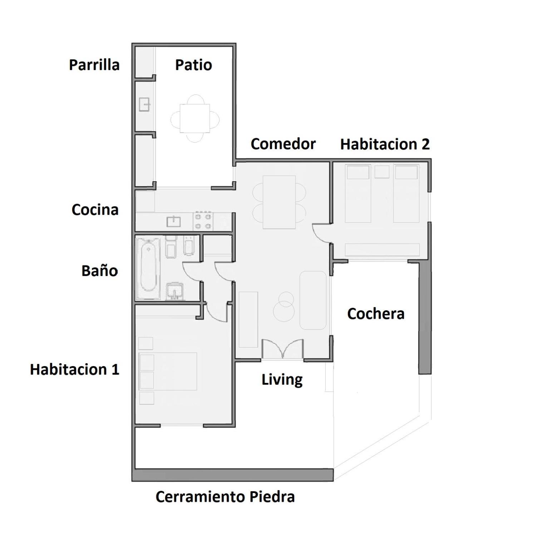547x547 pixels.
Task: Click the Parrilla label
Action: point(94,65)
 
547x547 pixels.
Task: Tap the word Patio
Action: point(193,65)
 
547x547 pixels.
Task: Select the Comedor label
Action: point(283,144)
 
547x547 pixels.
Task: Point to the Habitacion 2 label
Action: point(385,144)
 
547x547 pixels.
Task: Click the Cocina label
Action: point(95,210)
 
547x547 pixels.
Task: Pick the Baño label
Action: point(100,271)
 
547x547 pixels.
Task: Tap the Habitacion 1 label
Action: point(74,369)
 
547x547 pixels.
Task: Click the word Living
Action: point(282,380)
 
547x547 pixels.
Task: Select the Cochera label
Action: point(376,314)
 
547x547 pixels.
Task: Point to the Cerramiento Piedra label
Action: point(225,497)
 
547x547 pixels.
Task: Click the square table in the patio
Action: point(195,118)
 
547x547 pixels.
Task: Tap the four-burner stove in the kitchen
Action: point(203,221)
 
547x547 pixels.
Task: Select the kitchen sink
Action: point(174,222)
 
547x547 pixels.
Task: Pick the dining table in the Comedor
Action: point(279,202)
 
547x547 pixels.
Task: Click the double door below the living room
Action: point(283,349)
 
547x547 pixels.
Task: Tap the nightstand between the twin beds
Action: point(382,172)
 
